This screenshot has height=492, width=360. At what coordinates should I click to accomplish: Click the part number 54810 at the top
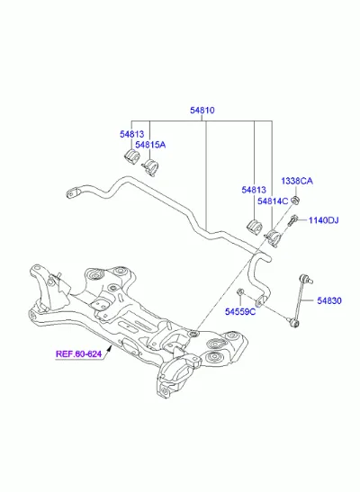click(x=202, y=111)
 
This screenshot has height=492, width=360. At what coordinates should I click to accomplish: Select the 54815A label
click(x=150, y=145)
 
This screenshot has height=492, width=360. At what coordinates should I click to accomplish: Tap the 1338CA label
click(x=297, y=181)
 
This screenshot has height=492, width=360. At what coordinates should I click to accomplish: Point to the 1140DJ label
click(x=323, y=220)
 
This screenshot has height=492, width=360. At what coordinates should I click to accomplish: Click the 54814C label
click(x=273, y=201)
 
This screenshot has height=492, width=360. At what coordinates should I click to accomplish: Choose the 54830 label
click(x=329, y=301)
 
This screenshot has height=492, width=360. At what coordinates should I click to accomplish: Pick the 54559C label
click(x=240, y=312)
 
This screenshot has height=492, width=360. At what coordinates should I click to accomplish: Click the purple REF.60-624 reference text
click(x=79, y=354)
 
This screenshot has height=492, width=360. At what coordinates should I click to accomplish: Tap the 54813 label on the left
click(x=131, y=134)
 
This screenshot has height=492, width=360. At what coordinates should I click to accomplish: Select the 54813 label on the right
click(x=254, y=190)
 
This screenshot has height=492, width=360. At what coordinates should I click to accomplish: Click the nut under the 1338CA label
click(x=295, y=200)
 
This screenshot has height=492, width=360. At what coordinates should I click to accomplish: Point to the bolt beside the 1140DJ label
click(x=292, y=220)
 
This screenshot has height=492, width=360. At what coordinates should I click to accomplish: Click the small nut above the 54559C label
click(x=240, y=292)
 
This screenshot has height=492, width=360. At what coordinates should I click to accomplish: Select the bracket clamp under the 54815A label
click(x=150, y=167)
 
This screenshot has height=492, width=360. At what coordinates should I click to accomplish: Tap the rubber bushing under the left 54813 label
click(x=131, y=157)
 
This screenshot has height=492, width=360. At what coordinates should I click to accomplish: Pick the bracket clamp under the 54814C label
click(x=273, y=237)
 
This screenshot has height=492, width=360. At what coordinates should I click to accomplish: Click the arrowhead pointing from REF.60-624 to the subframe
click(x=110, y=346)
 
